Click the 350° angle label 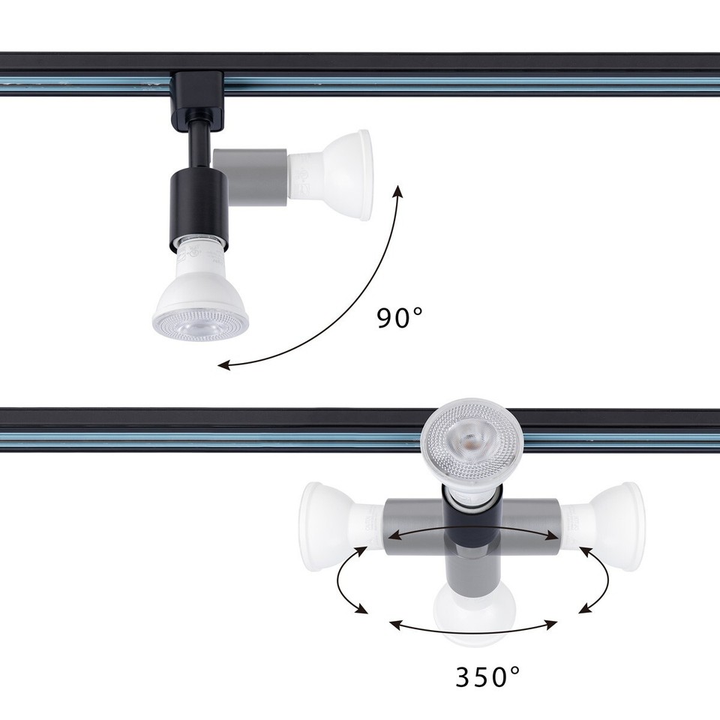coord(487,676)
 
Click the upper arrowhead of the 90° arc coord(398,193)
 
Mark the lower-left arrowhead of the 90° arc coord(223,365)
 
